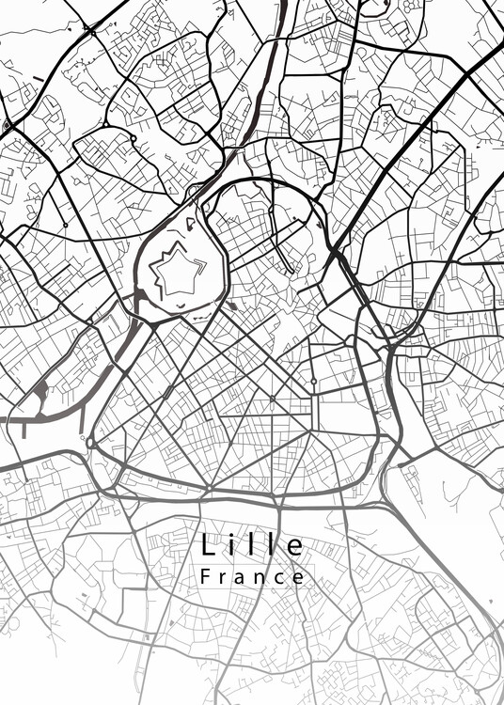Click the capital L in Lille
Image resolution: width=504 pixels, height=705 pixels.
pyautogui.click(x=207, y=545)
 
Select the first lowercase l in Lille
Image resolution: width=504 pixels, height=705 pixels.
pyautogui.click(x=256, y=545)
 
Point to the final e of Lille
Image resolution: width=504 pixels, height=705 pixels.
pyautogui.click(x=295, y=547)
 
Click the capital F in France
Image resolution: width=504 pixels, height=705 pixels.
pyautogui.click(x=206, y=576)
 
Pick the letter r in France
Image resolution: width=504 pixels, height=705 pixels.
pyautogui.click(x=224, y=578)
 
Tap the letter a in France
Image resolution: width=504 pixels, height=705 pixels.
pyautogui.click(x=242, y=578)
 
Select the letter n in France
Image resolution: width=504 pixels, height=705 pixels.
pyautogui.click(x=260, y=578)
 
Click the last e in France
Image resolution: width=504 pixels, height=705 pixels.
pyautogui.click(x=298, y=578)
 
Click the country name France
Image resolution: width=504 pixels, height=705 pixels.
pyautogui.click(x=252, y=577)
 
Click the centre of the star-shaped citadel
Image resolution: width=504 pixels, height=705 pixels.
pyautogui.click(x=176, y=273)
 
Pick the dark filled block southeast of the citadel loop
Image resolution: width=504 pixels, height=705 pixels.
pyautogui.click(x=232, y=305)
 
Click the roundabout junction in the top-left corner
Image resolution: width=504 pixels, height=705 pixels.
pyautogui.click(x=90, y=31)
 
